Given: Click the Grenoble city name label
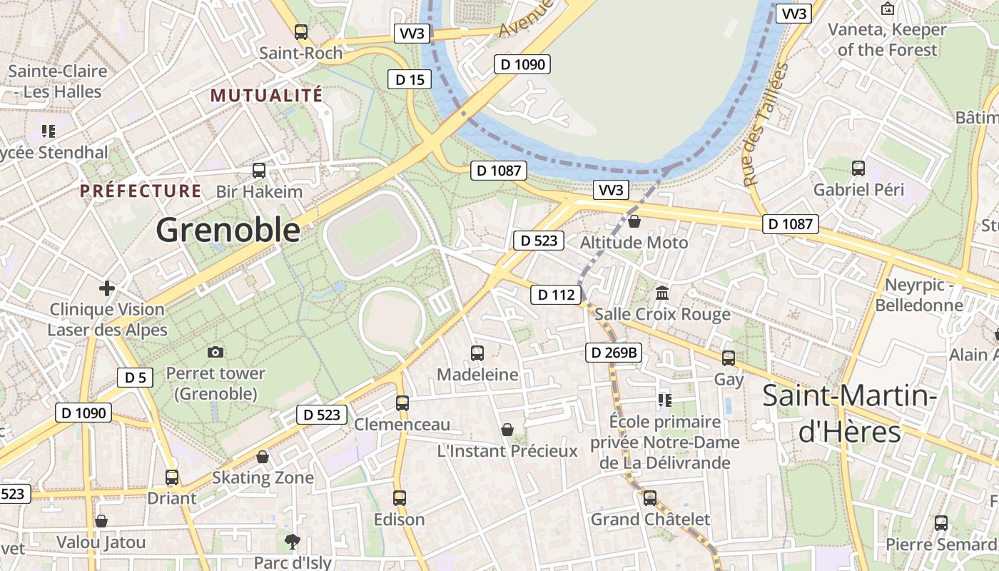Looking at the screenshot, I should click(228, 231).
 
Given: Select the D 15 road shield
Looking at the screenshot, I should click(410, 79).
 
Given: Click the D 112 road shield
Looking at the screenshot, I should click(555, 294).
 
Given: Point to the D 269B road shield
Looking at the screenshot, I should click(614, 352).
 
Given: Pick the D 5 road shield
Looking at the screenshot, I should click(135, 378).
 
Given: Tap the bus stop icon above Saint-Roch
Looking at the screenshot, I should click(301, 31).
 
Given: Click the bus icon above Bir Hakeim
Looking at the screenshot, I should click(259, 171).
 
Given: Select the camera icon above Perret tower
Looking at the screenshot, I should click(215, 352).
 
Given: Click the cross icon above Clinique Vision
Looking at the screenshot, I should click(107, 288).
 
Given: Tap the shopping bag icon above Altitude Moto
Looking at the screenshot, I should click(634, 221).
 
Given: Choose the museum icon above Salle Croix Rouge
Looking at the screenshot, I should click(662, 293).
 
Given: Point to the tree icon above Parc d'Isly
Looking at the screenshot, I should click(292, 541).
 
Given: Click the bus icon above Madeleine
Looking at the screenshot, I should click(477, 353).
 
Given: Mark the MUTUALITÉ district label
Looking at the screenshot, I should click(266, 95).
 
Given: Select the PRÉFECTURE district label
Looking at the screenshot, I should click(141, 191).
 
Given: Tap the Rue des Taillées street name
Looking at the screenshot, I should click(766, 125).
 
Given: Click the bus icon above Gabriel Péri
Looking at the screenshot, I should click(858, 168).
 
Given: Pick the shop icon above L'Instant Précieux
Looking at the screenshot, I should click(507, 429).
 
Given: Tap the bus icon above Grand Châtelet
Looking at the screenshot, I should click(650, 497).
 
